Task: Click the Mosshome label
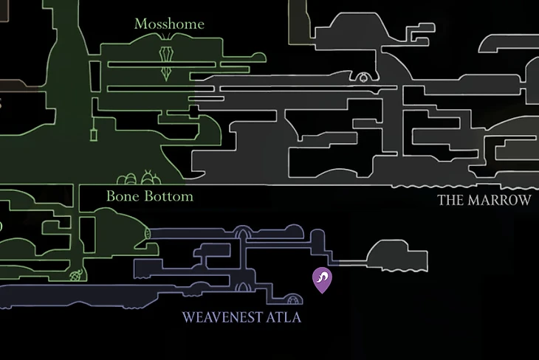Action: pyautogui.click(x=169, y=24)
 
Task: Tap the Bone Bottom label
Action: pyautogui.click(x=149, y=196)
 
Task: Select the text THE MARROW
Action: pyautogui.click(x=484, y=200)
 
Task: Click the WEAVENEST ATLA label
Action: pyautogui.click(x=241, y=318)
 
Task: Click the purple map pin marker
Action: pyautogui.click(x=323, y=280)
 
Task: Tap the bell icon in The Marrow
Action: pyautogui.click(x=363, y=76)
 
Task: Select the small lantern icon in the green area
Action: pyautogui.click(x=95, y=134)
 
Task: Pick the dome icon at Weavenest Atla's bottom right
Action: pyautogui.click(x=294, y=300)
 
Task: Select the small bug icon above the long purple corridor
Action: pyautogui.click(x=76, y=276)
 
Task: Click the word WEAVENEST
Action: pyautogui.click(x=222, y=318)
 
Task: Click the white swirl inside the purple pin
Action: pyautogui.click(x=323, y=277)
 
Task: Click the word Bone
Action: pyautogui.click(x=122, y=196)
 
